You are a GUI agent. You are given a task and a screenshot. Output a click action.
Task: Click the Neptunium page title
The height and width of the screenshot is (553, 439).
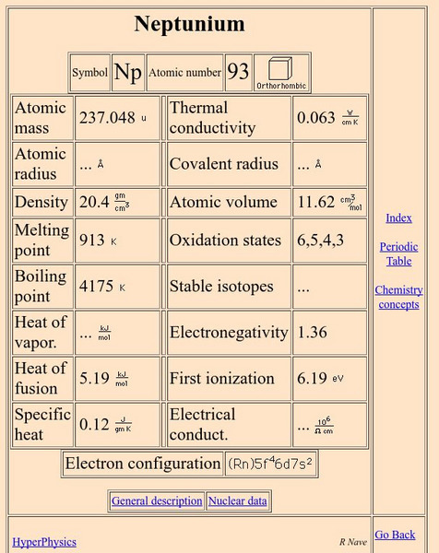(x=189, y=24)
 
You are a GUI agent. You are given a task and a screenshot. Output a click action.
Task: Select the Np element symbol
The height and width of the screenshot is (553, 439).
(x=127, y=73)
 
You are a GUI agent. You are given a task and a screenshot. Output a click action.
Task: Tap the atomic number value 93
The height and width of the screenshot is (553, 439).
(x=238, y=72)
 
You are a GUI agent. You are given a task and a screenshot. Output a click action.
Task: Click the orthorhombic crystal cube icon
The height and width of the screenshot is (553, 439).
(x=280, y=70)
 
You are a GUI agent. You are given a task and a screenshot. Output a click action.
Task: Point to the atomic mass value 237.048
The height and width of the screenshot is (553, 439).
(x=107, y=118)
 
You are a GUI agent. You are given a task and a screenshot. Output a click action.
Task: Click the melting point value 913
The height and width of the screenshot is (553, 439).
(x=92, y=241)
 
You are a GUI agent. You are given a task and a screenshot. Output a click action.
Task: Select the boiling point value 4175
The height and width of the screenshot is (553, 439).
(x=96, y=287)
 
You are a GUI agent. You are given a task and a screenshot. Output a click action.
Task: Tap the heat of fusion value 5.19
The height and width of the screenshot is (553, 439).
(x=95, y=378)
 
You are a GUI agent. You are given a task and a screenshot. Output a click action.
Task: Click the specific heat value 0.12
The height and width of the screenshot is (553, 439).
(x=94, y=424)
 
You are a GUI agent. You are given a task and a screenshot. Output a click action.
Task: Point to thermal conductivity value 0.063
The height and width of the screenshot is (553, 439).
(x=316, y=118)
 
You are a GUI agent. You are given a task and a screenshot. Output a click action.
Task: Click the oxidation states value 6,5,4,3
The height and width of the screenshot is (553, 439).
(x=320, y=241)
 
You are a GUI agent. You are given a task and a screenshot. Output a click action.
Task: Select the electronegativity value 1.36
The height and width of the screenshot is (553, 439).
(x=312, y=333)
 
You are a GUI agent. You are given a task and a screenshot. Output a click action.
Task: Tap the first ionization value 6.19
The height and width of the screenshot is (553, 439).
(x=312, y=378)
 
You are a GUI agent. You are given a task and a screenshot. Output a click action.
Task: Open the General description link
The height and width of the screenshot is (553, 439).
(x=157, y=501)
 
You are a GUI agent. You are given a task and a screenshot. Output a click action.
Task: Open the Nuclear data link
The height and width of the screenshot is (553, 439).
(x=238, y=501)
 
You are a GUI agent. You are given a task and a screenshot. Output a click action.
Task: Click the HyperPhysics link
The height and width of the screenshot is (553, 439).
(x=44, y=542)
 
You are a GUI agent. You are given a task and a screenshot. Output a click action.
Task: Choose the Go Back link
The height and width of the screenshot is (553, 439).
(x=395, y=535)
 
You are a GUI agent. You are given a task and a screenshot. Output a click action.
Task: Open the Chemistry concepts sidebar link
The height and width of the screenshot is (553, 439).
(x=398, y=297)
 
